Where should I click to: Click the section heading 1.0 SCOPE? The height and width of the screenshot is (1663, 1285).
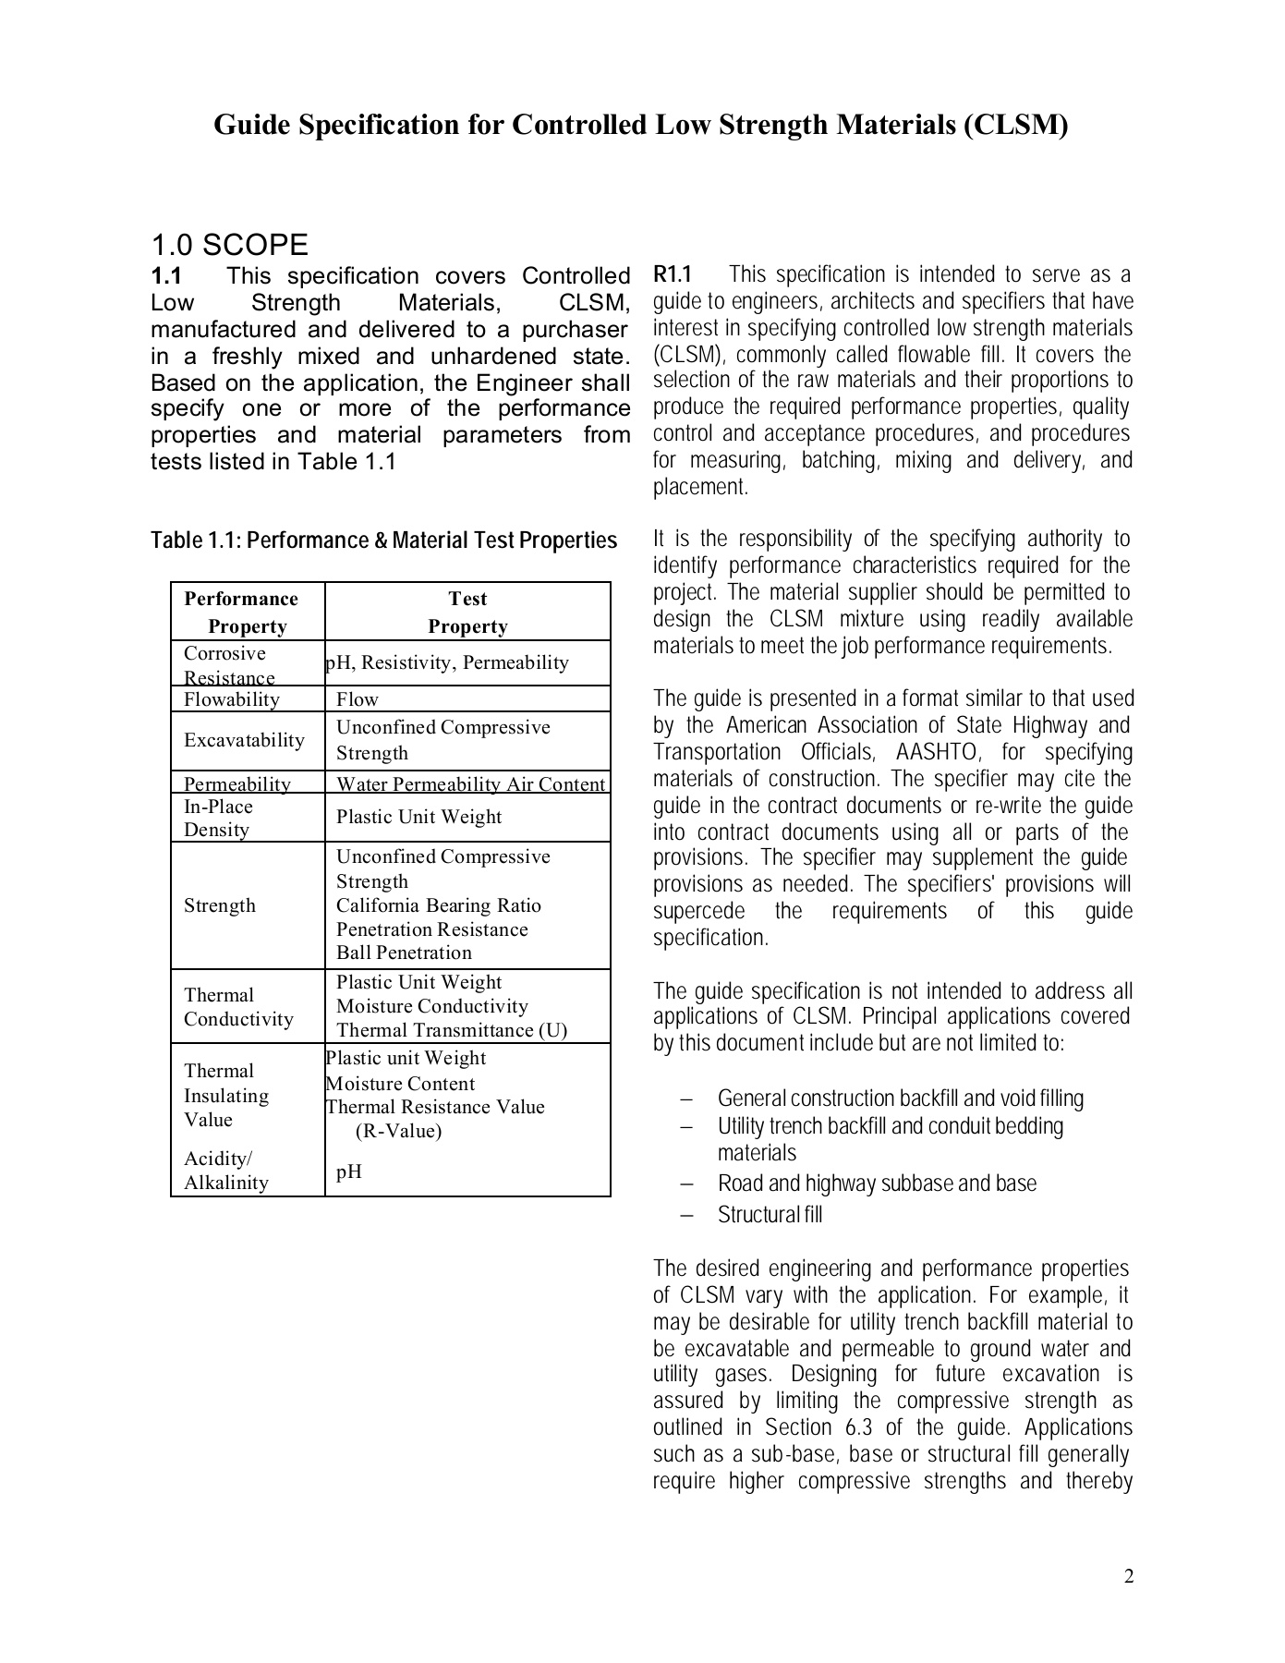point(229,245)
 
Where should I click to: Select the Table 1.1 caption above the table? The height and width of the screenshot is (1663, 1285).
point(383,540)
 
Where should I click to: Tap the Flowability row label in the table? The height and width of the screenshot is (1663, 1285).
point(231,699)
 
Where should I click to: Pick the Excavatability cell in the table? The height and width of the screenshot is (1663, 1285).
point(244,740)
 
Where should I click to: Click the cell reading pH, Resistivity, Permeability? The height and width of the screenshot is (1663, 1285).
point(447,662)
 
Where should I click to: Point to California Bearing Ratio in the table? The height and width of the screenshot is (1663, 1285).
point(438,905)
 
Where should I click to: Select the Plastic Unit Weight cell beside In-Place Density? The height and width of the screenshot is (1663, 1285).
point(418,817)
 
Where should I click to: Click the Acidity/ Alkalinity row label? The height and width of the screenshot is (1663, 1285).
point(225,1171)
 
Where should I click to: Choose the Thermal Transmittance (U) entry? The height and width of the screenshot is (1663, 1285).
point(451,1030)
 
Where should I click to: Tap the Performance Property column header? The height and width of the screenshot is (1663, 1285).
point(247,613)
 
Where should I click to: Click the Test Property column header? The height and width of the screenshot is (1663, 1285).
point(467,613)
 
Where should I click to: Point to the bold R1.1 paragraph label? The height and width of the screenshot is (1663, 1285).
point(672,274)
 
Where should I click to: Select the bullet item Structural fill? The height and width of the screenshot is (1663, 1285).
point(770,1215)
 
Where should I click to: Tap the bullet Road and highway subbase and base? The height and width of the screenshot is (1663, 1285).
point(877,1184)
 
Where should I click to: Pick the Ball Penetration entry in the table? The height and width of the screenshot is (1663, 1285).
point(404,953)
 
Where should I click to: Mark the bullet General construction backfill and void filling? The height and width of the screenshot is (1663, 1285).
point(900,1099)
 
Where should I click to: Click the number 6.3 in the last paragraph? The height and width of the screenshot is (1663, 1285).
point(858,1427)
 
